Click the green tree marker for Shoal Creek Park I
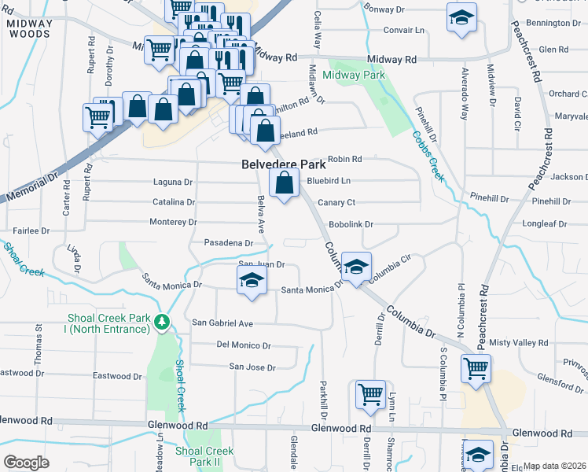coord(161,321)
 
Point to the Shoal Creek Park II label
coord(204,456)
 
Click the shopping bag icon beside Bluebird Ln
coord(284,183)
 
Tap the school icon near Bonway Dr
coord(461,17)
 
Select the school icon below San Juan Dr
coord(251,280)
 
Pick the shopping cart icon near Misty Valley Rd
coord(476,368)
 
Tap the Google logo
coord(26,462)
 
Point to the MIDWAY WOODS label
coord(29,28)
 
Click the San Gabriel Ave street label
coord(223,323)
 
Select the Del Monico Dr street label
coord(244,345)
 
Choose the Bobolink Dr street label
coord(351,224)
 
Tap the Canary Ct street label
coord(336,202)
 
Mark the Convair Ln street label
coord(404,30)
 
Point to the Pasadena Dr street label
coord(229,243)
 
